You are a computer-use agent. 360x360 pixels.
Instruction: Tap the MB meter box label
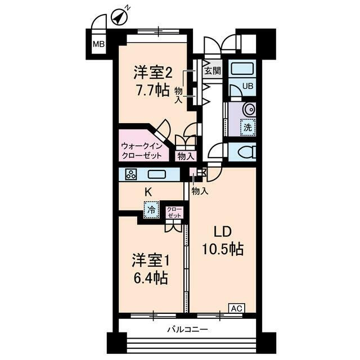pyautogui.click(x=98, y=45)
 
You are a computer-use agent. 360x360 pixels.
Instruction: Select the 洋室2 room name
pyautogui.click(x=152, y=73)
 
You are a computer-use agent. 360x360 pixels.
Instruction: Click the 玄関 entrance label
pyautogui.click(x=212, y=71)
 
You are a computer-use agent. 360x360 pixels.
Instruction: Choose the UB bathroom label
pyautogui.click(x=247, y=86)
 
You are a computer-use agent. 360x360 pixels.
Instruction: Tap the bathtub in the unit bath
pyautogui.click(x=242, y=70)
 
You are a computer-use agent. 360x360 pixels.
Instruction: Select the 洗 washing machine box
pyautogui.click(x=247, y=127)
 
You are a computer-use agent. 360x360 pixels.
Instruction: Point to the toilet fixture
pyautogui.click(x=246, y=152)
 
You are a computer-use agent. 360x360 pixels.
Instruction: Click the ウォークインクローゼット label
pyautogui.click(x=142, y=150)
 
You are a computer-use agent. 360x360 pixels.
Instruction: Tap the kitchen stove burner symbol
pyautogui.click(x=131, y=174)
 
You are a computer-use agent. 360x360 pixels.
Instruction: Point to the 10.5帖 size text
pyautogui.click(x=223, y=249)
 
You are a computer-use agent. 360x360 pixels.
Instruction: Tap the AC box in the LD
pyautogui.click(x=236, y=308)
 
